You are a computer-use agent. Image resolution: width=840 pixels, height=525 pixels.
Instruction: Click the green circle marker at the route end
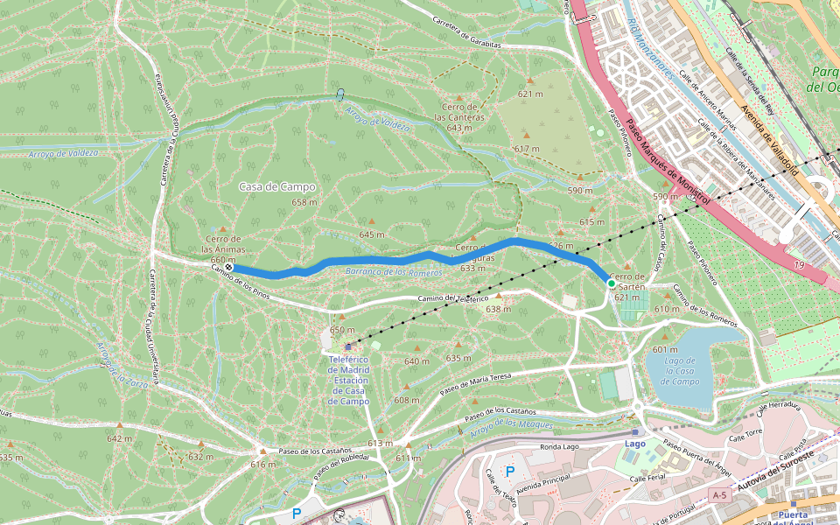pyautogui.click(x=611, y=283)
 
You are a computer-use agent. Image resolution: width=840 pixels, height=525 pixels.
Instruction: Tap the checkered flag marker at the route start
pyautogui.click(x=228, y=267)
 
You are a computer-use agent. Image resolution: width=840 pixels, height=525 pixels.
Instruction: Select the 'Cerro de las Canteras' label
pyautogui.click(x=459, y=112)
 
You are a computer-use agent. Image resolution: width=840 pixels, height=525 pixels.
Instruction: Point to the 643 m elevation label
pyautogui.click(x=459, y=128)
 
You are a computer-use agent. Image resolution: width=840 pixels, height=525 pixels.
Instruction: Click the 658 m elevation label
pyautogui.click(x=304, y=202)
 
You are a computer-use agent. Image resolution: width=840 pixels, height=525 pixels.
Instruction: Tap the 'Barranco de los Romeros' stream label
pyautogui.click(x=394, y=272)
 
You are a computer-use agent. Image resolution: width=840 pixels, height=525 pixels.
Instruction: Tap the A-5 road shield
pyautogui.click(x=719, y=495)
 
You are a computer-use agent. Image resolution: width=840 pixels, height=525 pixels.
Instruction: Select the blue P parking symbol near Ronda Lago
pyautogui.click(x=510, y=472)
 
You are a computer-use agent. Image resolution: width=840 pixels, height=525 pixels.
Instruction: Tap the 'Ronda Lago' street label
pyautogui.click(x=560, y=446)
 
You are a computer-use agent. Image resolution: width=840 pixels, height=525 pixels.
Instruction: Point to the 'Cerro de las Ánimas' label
pyautogui.click(x=222, y=244)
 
